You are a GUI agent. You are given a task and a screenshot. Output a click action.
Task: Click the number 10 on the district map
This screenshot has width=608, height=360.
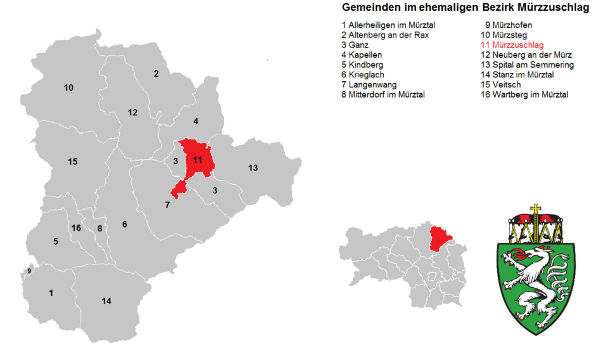click(68, 87)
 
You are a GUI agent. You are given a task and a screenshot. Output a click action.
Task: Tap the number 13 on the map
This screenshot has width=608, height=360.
click(253, 168)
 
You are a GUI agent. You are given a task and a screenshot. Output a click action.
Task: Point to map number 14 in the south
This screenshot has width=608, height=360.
click(106, 301)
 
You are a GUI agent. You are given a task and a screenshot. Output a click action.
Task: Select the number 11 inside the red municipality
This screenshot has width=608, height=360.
click(198, 160)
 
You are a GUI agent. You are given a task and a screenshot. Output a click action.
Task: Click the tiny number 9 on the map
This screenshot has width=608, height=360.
click(29, 271)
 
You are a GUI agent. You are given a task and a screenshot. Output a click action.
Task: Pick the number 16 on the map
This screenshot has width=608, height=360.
click(77, 228)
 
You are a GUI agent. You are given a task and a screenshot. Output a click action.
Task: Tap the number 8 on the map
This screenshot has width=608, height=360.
click(99, 228)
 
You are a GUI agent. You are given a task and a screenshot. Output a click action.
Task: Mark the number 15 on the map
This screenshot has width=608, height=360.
click(73, 162)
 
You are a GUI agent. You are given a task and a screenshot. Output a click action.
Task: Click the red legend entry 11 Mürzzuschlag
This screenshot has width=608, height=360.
click(512, 45)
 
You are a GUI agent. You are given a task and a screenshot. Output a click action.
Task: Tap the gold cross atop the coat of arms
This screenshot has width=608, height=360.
click(536, 209)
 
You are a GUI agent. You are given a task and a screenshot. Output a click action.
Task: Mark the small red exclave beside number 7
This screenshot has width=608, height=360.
click(179, 188)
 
